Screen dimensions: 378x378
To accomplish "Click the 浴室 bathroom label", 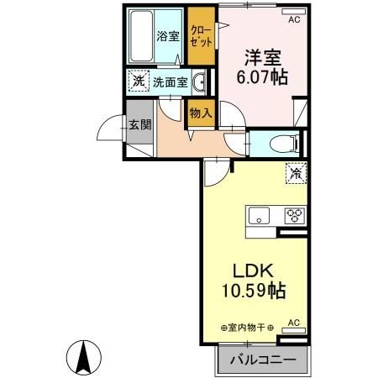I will [168, 36].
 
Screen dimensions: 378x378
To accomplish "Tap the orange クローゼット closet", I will [200, 35].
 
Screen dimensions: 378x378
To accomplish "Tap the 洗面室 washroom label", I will [170, 82].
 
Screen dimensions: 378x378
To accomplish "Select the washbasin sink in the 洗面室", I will [201, 82].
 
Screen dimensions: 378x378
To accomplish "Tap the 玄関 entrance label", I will [139, 125].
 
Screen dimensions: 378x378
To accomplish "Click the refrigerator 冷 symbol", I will [297, 172].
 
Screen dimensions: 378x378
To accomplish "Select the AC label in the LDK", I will [294, 322].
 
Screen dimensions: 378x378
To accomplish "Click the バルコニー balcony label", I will [261, 359].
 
